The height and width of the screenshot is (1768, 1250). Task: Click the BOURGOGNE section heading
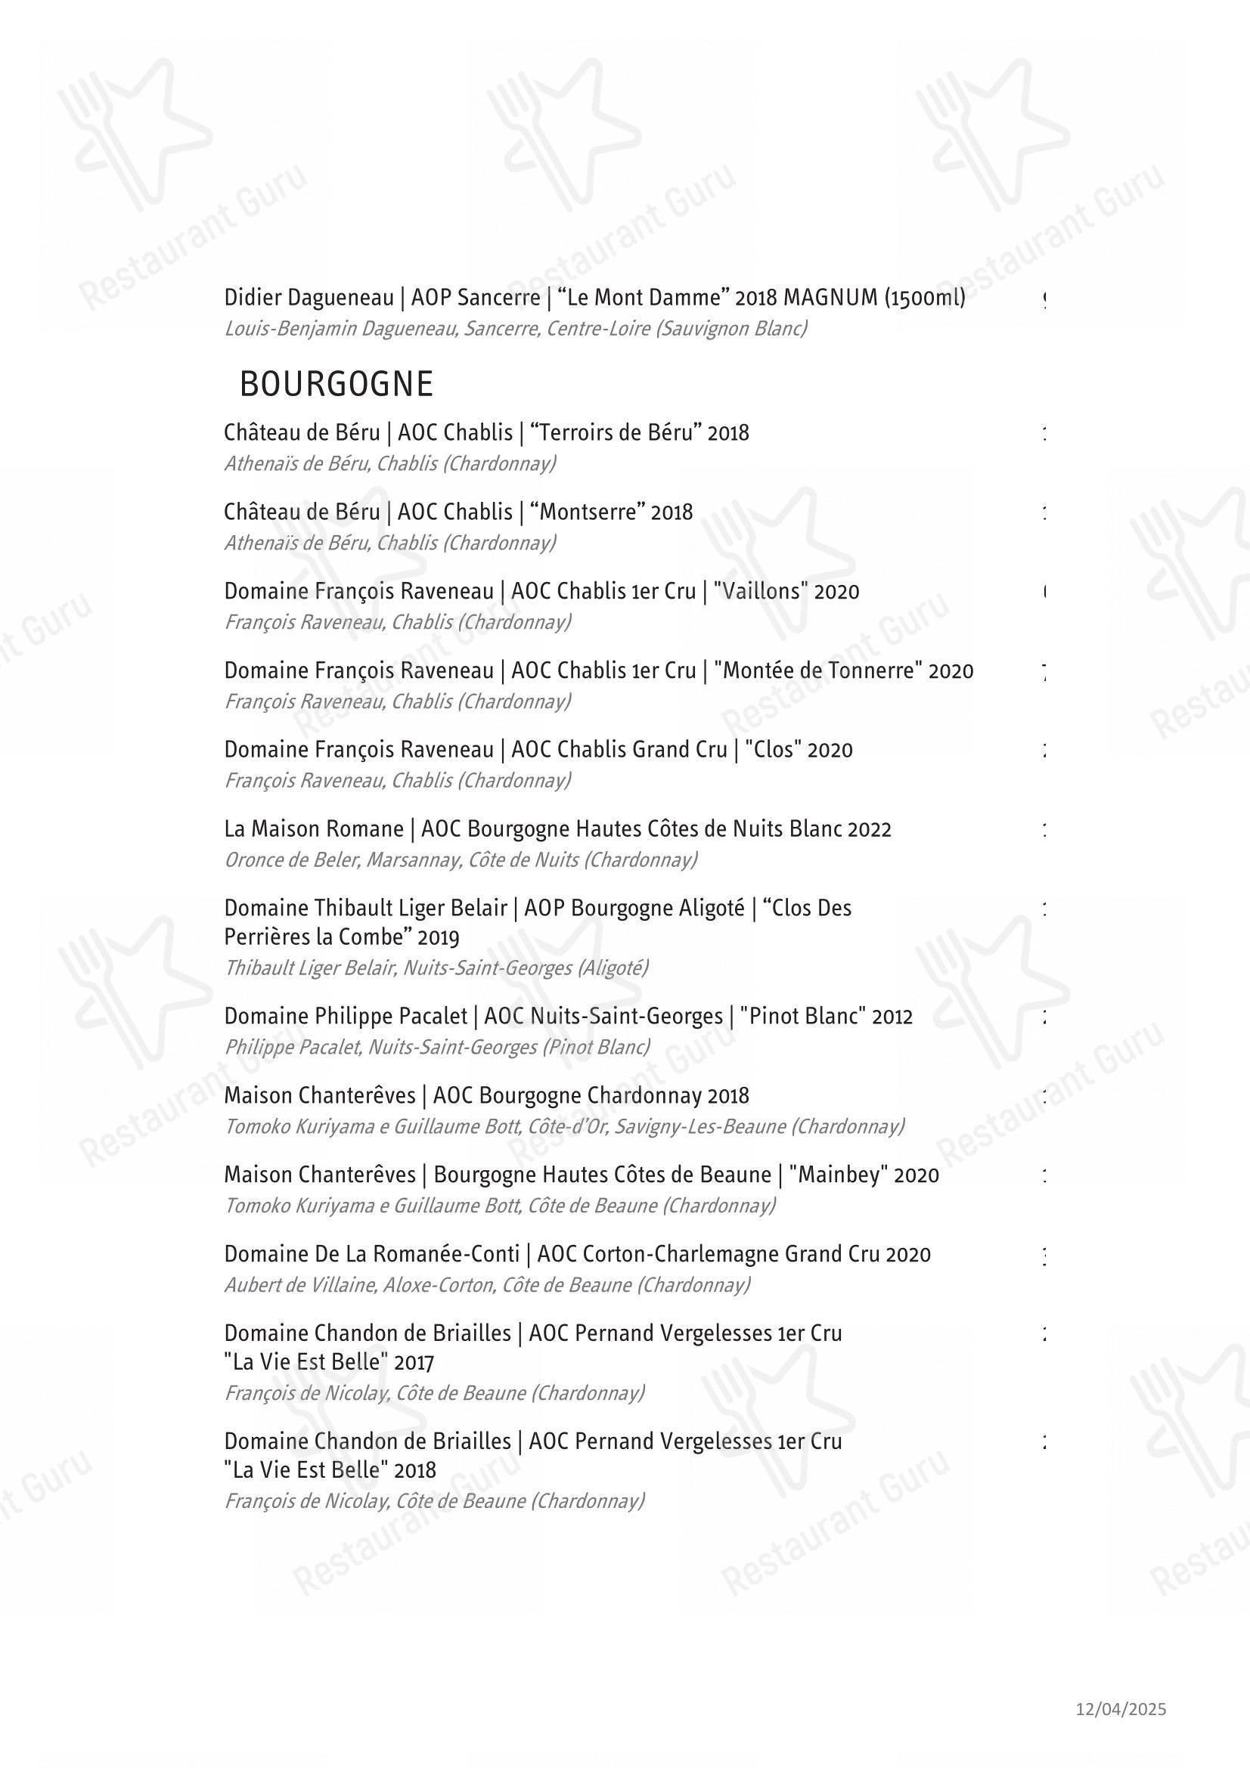click(337, 384)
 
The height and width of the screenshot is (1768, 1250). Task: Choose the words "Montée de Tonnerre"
click(818, 670)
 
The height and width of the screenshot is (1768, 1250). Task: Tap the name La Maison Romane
click(314, 829)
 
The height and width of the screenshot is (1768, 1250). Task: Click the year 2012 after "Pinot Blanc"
click(892, 1017)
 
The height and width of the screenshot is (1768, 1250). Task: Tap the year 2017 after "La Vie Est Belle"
click(414, 1363)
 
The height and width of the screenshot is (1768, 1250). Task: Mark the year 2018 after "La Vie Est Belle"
click(414, 1471)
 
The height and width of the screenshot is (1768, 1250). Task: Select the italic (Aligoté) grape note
click(613, 968)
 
